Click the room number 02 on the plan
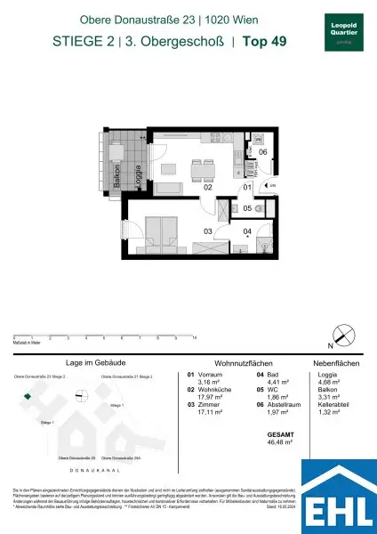pyautogui.click(x=207, y=188)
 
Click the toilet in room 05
pyautogui.click(x=258, y=207)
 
